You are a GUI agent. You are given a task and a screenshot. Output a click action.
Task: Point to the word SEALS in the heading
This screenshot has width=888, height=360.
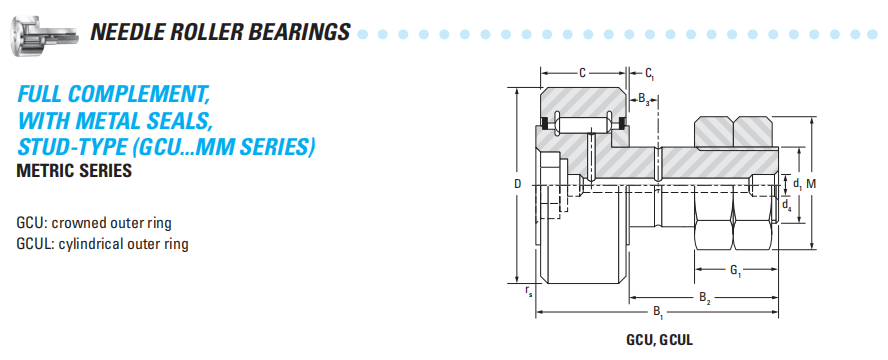tap(181, 120)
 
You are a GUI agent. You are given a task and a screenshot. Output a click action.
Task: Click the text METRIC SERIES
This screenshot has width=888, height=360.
tap(74, 170)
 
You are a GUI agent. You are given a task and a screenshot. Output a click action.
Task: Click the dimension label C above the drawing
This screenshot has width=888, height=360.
tap(582, 73)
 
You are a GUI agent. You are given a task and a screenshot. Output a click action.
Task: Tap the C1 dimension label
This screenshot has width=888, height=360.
tap(650, 74)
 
